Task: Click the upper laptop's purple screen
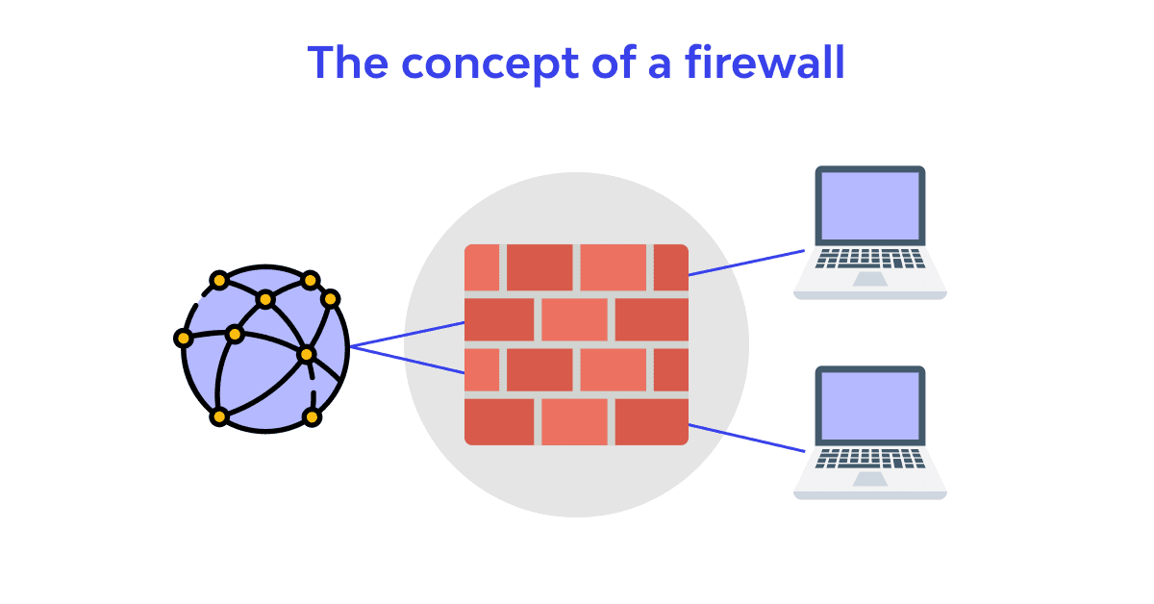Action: pyautogui.click(x=870, y=206)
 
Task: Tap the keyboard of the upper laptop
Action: pyautogui.click(x=870, y=259)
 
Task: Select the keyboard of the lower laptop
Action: pyautogui.click(x=870, y=459)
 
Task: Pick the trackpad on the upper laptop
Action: pyautogui.click(x=870, y=279)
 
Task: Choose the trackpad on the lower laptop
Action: pyautogui.click(x=870, y=479)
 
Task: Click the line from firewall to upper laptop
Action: pyautogui.click(x=746, y=263)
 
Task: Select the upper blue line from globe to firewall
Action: pyautogui.click(x=409, y=334)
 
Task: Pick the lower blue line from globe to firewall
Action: pyautogui.click(x=409, y=360)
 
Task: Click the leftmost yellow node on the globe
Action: pyautogui.click(x=183, y=339)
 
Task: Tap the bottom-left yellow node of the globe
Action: pyautogui.click(x=219, y=416)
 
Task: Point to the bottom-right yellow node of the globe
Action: pyautogui.click(x=311, y=416)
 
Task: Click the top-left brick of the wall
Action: pyautogui.click(x=482, y=267)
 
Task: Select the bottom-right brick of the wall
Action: pyautogui.click(x=651, y=421)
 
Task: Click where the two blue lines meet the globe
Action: pyautogui.click(x=351, y=346)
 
